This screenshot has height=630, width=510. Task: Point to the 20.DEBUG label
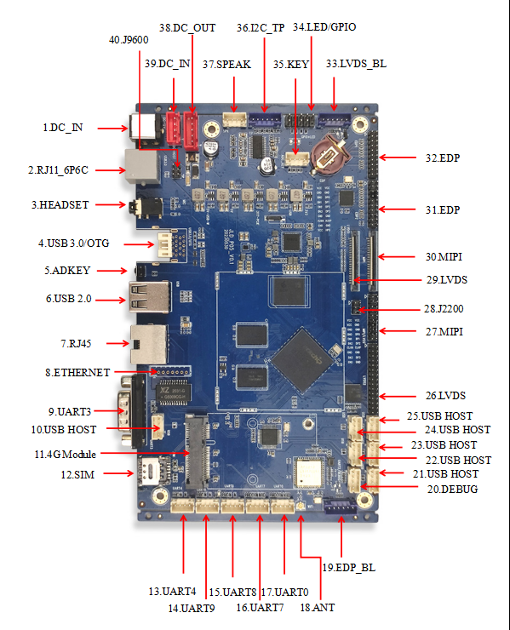coord(451,489)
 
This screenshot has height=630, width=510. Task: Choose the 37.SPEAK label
coord(226,65)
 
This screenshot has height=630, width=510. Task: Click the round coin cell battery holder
coord(328,153)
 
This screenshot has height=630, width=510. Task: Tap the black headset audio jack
coord(139,207)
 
